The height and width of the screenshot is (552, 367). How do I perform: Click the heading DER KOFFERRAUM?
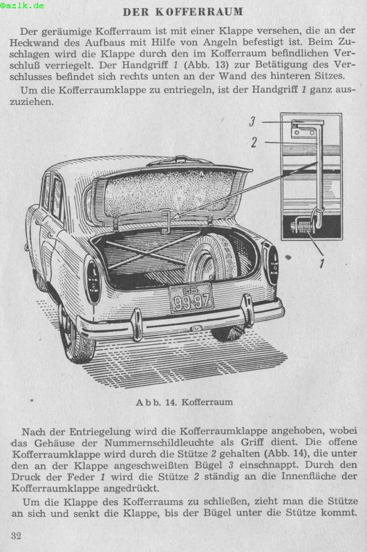[x=183, y=12]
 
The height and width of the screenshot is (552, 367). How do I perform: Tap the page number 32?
[x=16, y=536]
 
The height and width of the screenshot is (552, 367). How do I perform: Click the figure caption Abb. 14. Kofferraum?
[x=184, y=402]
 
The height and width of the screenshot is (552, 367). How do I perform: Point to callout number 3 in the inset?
[x=252, y=121]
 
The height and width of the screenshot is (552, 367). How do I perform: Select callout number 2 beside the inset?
[x=254, y=142]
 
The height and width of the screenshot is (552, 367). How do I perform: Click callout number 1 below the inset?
[x=322, y=263]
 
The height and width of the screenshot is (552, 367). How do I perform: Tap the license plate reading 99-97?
[x=191, y=298]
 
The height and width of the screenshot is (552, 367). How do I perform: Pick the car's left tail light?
[x=93, y=281]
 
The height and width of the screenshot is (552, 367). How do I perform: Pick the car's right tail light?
[x=272, y=264]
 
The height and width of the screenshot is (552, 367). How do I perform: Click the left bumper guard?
[x=136, y=324]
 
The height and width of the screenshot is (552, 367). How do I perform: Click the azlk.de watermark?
[x=22, y=6]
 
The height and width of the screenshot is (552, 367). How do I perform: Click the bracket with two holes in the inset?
[x=303, y=132]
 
